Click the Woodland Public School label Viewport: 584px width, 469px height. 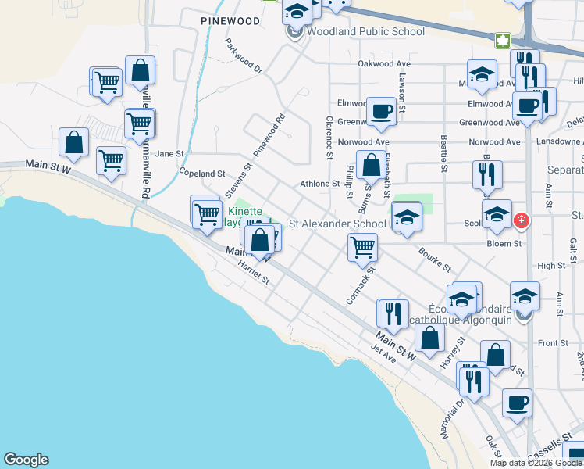[365, 32]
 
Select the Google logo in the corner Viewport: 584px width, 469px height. [26, 460]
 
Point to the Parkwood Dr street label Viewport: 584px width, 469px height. [244, 58]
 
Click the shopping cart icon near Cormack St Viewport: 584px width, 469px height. [362, 246]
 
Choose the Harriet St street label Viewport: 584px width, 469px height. [253, 274]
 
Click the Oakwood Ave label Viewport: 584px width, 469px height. [383, 63]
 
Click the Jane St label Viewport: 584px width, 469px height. [169, 154]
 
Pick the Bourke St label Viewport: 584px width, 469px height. [434, 260]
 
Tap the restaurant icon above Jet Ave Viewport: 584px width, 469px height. [392, 313]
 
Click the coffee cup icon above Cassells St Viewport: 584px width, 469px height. [517, 403]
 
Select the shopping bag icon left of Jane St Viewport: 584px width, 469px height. [73, 142]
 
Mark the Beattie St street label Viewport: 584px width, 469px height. [443, 153]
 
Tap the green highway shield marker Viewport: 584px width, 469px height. [503, 40]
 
